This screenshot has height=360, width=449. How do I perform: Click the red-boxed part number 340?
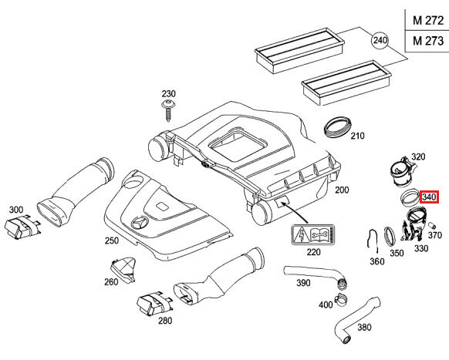click(x=429, y=197)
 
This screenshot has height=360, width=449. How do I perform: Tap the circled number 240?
click(x=380, y=40)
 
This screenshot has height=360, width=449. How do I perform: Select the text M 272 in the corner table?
click(x=428, y=20)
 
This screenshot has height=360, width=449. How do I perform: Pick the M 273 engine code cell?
click(x=428, y=41)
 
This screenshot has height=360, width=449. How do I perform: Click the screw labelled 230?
click(x=169, y=110)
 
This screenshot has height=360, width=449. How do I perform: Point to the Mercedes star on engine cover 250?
click(x=140, y=223)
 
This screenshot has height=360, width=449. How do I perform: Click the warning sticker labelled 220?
click(x=313, y=235)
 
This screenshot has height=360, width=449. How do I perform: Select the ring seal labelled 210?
click(x=338, y=127)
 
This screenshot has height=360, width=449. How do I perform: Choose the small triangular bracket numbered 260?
click(x=123, y=269)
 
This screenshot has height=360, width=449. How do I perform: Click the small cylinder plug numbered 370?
click(x=432, y=225)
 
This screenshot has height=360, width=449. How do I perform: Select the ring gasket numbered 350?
click(x=390, y=237)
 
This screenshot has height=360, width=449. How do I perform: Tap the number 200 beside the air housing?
click(x=342, y=190)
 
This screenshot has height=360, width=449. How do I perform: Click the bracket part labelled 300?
click(x=21, y=227)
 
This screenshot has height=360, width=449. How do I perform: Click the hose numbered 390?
click(x=315, y=276)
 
